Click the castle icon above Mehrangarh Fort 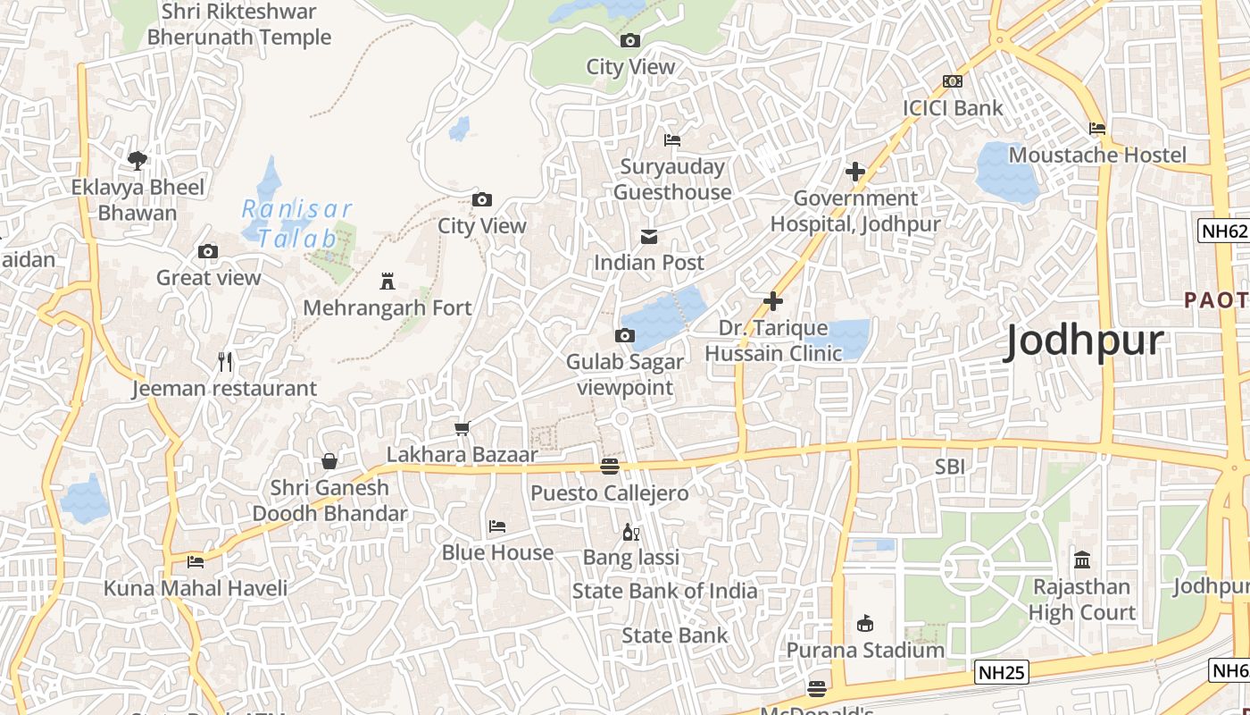(x=387, y=282)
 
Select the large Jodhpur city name (x=1085, y=341)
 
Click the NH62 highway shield (x=1222, y=231)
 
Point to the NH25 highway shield (x=1001, y=672)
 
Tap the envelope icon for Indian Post (x=649, y=237)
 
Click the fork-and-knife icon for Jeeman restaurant (x=225, y=362)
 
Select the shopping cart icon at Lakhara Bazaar (x=462, y=429)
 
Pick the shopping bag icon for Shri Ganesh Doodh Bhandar (x=329, y=461)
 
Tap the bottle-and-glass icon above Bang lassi (x=630, y=532)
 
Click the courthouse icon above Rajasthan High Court (x=1082, y=560)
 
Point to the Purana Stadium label (x=865, y=650)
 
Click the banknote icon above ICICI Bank (x=953, y=81)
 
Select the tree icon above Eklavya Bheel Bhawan (x=137, y=161)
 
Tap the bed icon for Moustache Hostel (x=1097, y=129)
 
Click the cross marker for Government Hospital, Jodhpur (x=855, y=172)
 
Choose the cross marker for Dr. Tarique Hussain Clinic (x=773, y=302)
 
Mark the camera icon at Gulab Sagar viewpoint (x=625, y=336)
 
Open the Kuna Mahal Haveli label (x=196, y=588)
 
